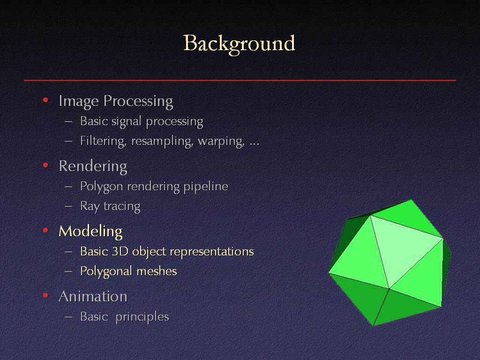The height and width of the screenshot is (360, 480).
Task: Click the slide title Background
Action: pyautogui.click(x=239, y=44)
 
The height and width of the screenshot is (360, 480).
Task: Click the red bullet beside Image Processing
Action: pyautogui.click(x=45, y=100)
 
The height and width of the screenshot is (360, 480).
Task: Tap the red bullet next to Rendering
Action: pyautogui.click(x=45, y=165)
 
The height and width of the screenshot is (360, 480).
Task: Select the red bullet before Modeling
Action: pyautogui.click(x=45, y=230)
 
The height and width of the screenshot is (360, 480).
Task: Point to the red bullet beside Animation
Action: pyautogui.click(x=45, y=295)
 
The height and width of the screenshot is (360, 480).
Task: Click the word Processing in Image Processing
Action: pyautogui.click(x=138, y=101)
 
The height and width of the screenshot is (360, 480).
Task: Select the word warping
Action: pyautogui.click(x=221, y=142)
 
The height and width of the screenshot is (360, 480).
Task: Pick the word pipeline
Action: pyautogui.click(x=206, y=187)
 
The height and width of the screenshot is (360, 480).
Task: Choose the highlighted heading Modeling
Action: pyautogui.click(x=90, y=232)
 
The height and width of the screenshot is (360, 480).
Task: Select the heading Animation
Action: pyautogui.click(x=93, y=296)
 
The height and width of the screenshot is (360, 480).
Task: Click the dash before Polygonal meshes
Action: pyautogui.click(x=68, y=271)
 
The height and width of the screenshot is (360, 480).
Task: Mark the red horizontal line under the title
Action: pyautogui.click(x=240, y=80)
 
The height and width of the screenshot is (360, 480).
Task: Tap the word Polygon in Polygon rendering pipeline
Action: pyautogui.click(x=102, y=187)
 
